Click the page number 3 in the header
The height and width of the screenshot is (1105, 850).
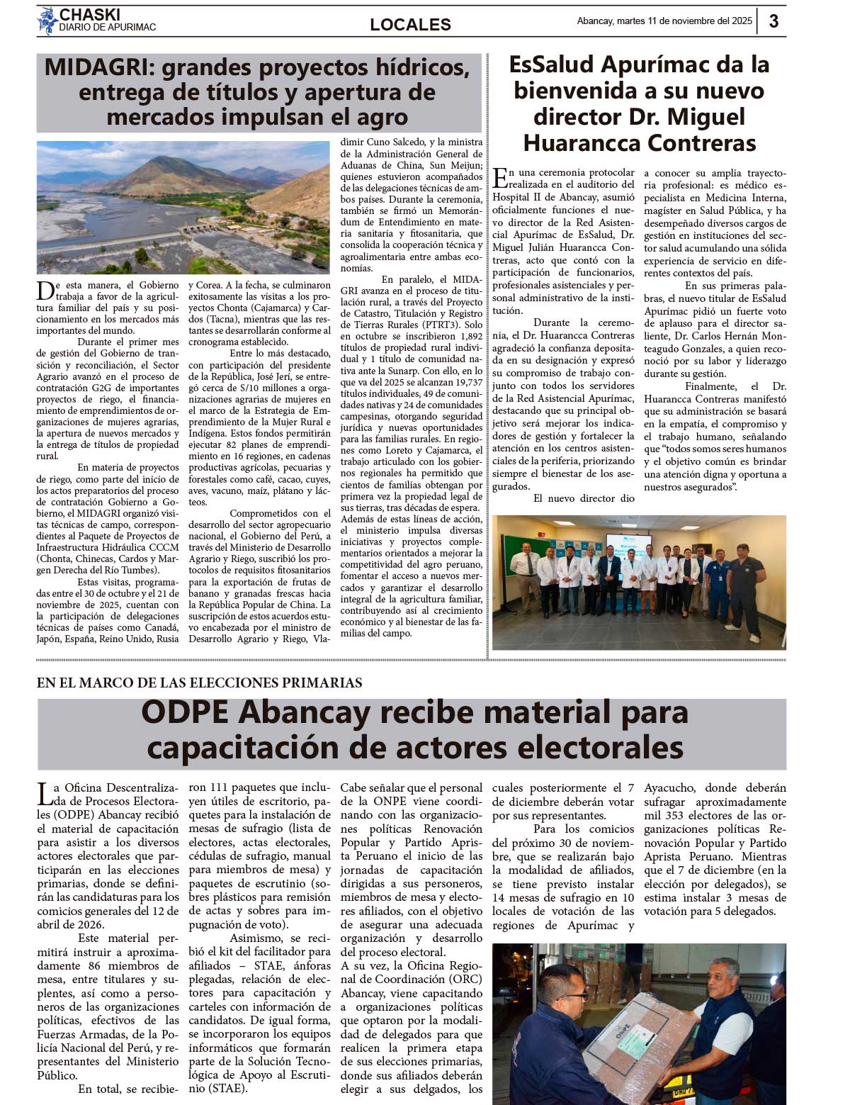[x=773, y=21]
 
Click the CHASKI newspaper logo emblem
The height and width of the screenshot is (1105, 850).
[x=47, y=21]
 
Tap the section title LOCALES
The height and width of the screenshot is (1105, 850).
[x=410, y=25]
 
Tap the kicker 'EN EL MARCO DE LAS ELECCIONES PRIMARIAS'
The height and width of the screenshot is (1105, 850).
[x=200, y=683]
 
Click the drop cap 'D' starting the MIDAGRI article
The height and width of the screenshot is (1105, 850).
[x=45, y=290]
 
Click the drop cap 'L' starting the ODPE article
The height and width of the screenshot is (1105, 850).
[x=44, y=794]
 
